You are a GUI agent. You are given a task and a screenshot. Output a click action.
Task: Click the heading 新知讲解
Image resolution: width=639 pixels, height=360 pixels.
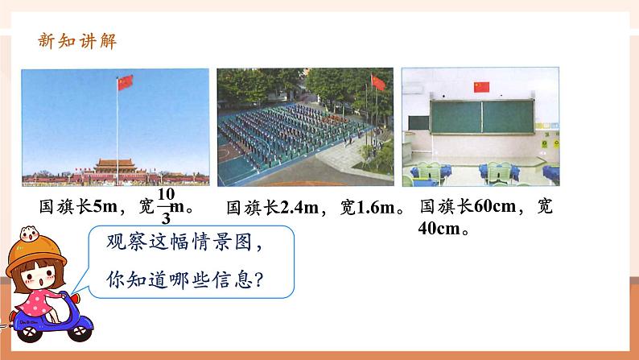click(x=77, y=41)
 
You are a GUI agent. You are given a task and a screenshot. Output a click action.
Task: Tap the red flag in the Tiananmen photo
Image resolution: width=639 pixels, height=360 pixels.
click(x=125, y=83)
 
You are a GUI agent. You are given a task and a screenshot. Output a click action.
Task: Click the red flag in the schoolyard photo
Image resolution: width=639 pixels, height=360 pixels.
click(x=378, y=83)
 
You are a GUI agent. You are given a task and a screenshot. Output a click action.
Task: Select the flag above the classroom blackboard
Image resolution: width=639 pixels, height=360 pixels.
click(x=481, y=87)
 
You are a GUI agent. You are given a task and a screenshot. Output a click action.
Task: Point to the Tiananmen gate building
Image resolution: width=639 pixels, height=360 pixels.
click(x=115, y=167)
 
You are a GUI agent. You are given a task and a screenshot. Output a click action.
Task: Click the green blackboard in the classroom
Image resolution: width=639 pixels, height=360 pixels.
click(x=482, y=117)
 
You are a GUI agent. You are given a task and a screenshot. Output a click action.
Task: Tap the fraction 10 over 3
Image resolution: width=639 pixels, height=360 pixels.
click(x=166, y=206)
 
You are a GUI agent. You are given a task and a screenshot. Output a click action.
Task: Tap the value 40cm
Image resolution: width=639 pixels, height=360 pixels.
click(x=439, y=228)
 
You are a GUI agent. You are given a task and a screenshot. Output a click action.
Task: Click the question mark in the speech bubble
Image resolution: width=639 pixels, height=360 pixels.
click(x=258, y=280)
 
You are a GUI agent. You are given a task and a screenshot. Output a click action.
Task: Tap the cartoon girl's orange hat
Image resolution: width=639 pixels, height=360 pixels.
click(x=36, y=252)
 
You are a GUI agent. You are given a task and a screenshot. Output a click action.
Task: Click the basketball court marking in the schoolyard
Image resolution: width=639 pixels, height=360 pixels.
click(x=225, y=154)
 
